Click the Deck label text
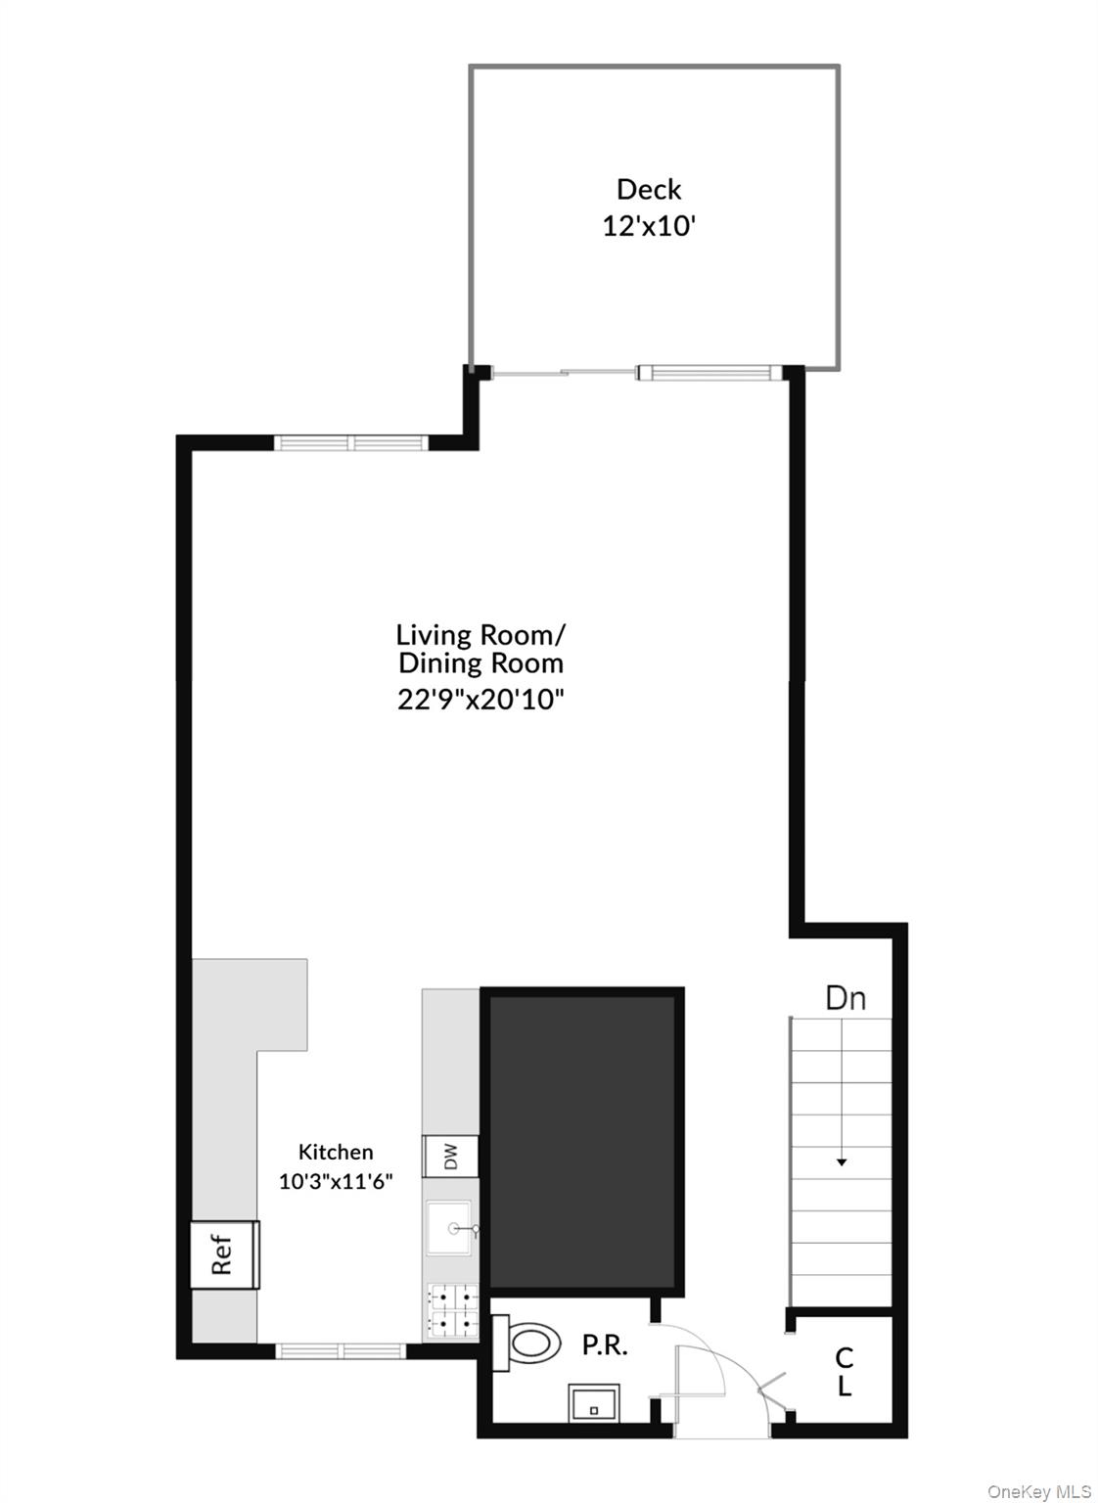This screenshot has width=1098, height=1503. point(648,189)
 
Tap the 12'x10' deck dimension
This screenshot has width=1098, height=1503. point(648,226)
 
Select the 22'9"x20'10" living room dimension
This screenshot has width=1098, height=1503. point(480,700)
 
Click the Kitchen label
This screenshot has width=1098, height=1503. point(336,1152)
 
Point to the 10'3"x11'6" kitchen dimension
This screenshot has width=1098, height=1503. point(336,1181)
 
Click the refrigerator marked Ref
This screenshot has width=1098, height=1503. point(224,1254)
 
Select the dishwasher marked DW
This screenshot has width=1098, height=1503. point(450,1157)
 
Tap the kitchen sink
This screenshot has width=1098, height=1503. point(449,1228)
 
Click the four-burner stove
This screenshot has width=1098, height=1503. point(452,1312)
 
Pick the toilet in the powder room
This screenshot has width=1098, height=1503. point(527,1342)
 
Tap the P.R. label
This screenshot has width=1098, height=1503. point(604,1345)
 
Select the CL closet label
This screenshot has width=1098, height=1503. point(844,1372)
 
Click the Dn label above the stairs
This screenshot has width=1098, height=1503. point(846,998)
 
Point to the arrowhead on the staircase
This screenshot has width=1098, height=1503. point(842,1161)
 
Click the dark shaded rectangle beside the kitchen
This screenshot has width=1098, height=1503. point(582,1140)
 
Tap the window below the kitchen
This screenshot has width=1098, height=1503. point(340,1351)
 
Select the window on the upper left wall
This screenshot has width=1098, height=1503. point(351,442)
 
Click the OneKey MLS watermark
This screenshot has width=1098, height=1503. point(1038,1491)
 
